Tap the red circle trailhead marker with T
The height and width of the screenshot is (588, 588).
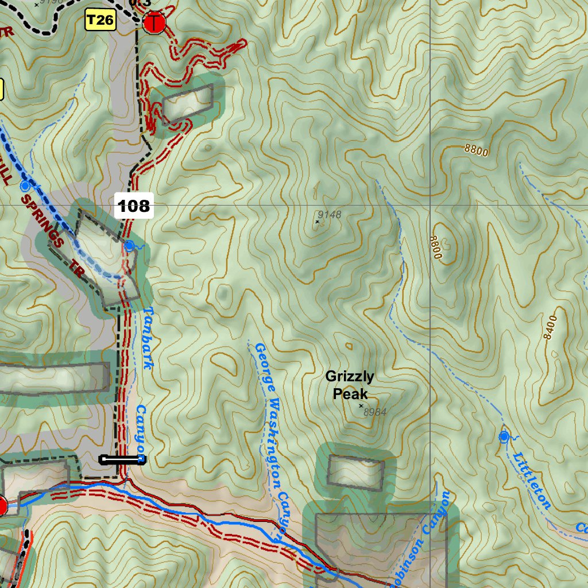click(x=154, y=23)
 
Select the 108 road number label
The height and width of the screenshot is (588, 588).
click(x=134, y=206)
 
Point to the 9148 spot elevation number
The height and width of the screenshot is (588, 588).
click(x=330, y=215)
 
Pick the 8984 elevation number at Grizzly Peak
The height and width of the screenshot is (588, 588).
click(x=376, y=412)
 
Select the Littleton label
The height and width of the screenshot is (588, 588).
click(x=532, y=481)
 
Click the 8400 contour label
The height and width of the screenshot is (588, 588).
click(x=551, y=327)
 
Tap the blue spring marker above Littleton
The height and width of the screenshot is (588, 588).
click(x=504, y=437)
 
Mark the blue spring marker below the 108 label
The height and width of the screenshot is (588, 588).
click(x=130, y=246)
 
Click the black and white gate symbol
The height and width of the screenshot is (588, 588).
click(x=122, y=459)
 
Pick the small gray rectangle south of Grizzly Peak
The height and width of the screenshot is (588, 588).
click(x=355, y=473)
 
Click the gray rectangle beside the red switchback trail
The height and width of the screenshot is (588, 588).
click(x=188, y=103)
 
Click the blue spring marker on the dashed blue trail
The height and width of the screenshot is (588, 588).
click(x=25, y=186)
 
